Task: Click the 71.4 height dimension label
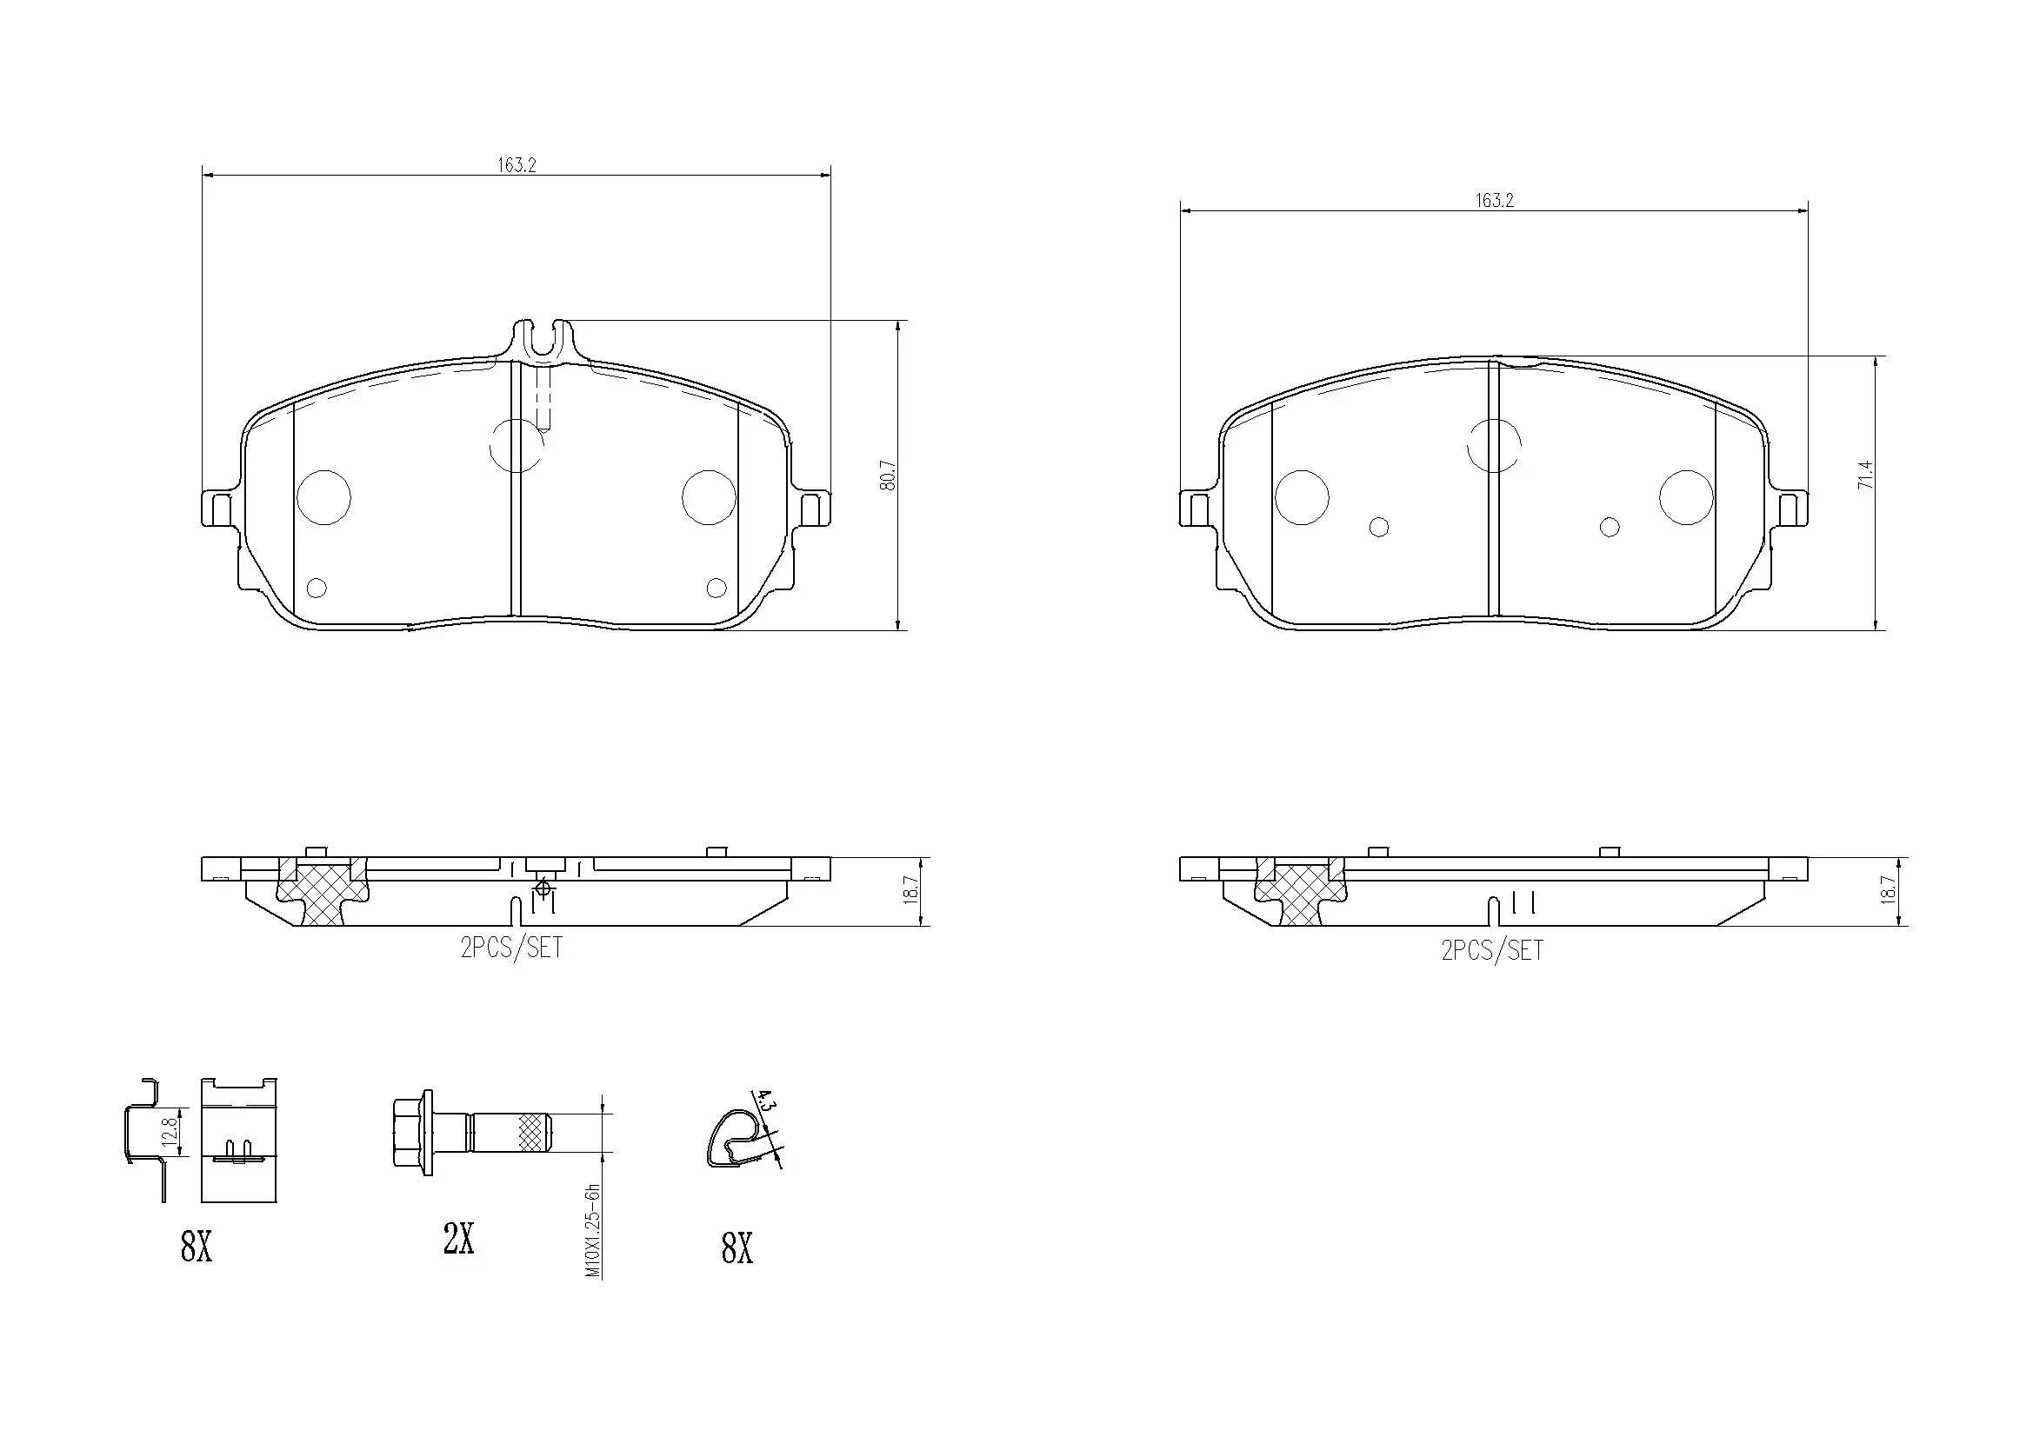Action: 1867,476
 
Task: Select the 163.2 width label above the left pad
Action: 517,164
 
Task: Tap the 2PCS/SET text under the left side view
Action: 512,948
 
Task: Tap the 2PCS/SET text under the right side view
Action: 1492,951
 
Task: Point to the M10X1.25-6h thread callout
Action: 594,1230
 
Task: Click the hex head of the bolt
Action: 410,1133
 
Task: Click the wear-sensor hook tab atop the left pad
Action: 542,341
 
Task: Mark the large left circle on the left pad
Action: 324,496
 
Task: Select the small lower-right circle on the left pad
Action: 717,587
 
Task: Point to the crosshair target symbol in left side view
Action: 543,887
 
